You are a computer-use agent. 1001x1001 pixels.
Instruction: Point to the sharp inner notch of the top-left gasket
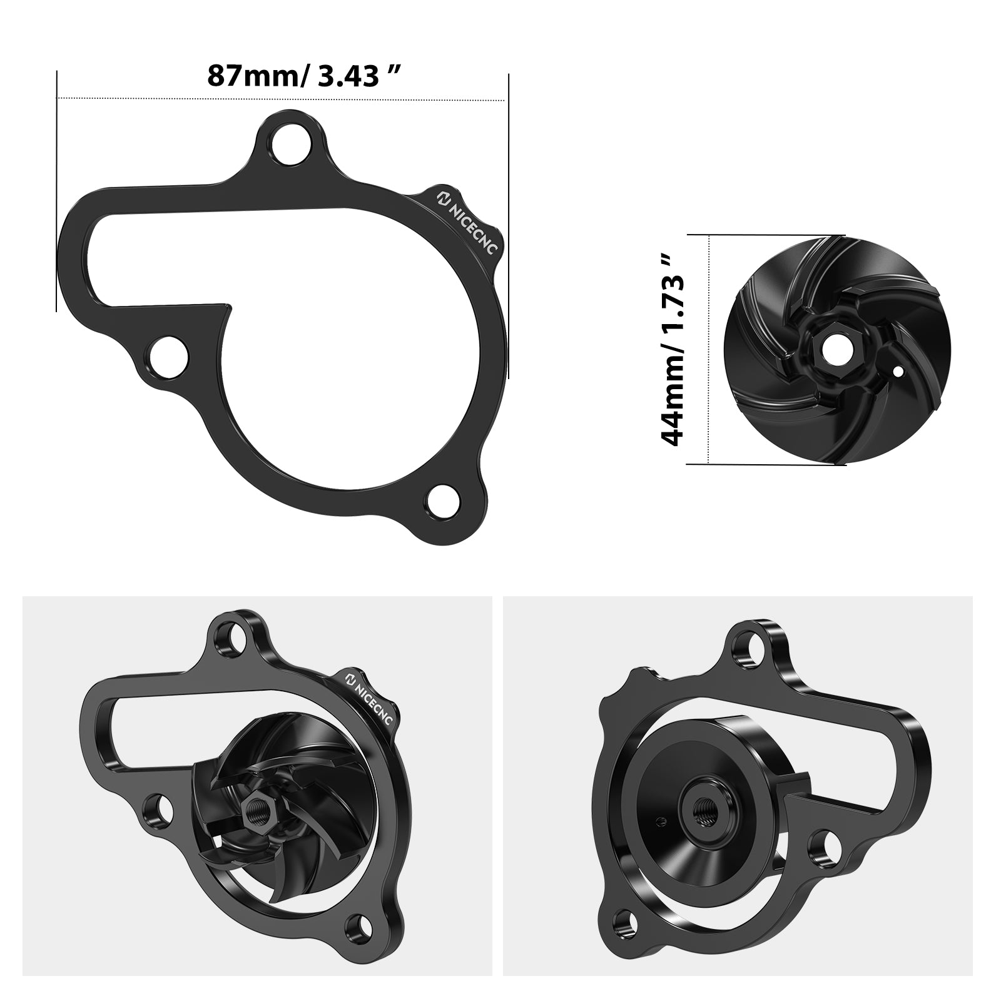pos(225,307)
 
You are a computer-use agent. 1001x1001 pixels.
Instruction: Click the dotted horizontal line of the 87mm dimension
pos(282,99)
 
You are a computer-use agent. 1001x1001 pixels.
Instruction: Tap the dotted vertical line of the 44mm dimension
pos(709,350)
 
